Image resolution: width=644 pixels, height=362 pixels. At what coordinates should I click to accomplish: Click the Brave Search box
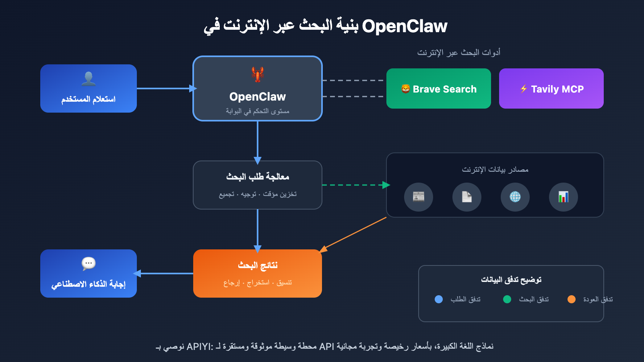pyautogui.click(x=438, y=88)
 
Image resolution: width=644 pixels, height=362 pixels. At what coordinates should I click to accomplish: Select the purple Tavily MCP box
pyautogui.click(x=551, y=88)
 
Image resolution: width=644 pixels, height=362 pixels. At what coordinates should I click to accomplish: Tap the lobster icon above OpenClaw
pyautogui.click(x=258, y=74)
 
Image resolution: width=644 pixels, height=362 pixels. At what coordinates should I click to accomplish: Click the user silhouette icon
pyautogui.click(x=89, y=78)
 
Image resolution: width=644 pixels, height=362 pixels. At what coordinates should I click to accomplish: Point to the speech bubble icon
pyautogui.click(x=89, y=263)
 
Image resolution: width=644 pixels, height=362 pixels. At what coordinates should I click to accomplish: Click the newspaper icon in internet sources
pyautogui.click(x=419, y=197)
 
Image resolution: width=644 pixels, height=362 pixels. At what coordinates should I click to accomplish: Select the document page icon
pyautogui.click(x=467, y=197)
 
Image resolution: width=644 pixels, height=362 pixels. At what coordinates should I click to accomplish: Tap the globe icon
pyautogui.click(x=515, y=197)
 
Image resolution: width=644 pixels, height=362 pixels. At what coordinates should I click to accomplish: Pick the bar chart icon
pyautogui.click(x=563, y=197)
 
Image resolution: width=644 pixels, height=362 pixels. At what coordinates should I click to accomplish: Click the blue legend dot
pyautogui.click(x=439, y=299)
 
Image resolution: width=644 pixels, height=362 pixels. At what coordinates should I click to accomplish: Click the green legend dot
pyautogui.click(x=507, y=299)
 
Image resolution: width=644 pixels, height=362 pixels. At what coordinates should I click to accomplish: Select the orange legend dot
pyautogui.click(x=572, y=299)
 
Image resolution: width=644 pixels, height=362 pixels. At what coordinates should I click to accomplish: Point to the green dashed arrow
pyautogui.click(x=354, y=185)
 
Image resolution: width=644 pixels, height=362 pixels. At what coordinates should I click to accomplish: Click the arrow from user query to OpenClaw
pyautogui.click(x=165, y=88)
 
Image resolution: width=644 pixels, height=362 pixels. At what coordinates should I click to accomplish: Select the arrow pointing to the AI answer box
pyautogui.click(x=163, y=274)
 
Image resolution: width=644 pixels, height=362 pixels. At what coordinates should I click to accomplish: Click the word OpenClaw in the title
pyautogui.click(x=405, y=26)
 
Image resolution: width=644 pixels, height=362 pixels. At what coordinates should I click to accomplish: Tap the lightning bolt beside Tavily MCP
pyautogui.click(x=523, y=89)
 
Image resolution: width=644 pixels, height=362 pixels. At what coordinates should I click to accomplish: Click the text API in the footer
pyautogui.click(x=326, y=346)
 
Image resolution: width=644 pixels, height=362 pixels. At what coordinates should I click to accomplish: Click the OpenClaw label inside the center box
pyautogui.click(x=258, y=97)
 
